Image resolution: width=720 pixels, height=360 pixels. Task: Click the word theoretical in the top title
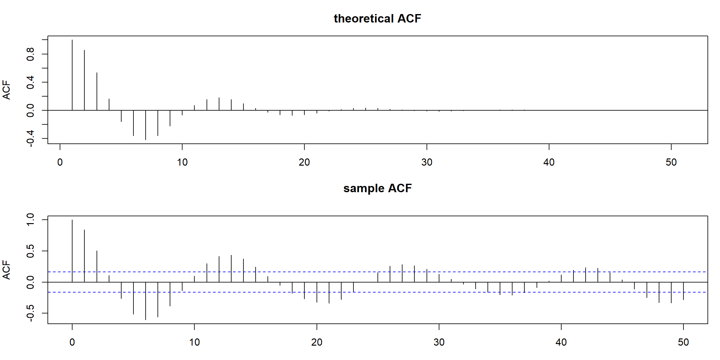click(x=363, y=19)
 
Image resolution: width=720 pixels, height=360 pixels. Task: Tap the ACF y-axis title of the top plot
click(x=7, y=90)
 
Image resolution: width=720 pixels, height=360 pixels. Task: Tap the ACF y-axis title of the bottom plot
click(x=7, y=270)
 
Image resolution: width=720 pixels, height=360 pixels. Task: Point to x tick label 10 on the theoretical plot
click(x=182, y=162)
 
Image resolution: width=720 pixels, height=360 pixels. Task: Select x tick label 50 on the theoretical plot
click(x=671, y=162)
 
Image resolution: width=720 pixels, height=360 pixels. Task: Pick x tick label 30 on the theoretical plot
click(x=427, y=162)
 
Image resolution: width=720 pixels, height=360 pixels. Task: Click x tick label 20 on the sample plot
click(x=317, y=342)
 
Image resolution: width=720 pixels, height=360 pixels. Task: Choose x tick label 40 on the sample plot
click(x=561, y=342)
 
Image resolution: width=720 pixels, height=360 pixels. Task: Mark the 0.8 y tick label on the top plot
click(x=30, y=54)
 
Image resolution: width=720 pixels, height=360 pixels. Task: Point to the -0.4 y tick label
click(x=30, y=138)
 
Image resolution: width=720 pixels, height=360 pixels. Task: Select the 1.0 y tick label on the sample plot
click(x=30, y=220)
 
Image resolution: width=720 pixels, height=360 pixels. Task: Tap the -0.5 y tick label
click(x=30, y=313)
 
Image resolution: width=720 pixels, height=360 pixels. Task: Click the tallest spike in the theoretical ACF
click(x=72, y=75)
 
